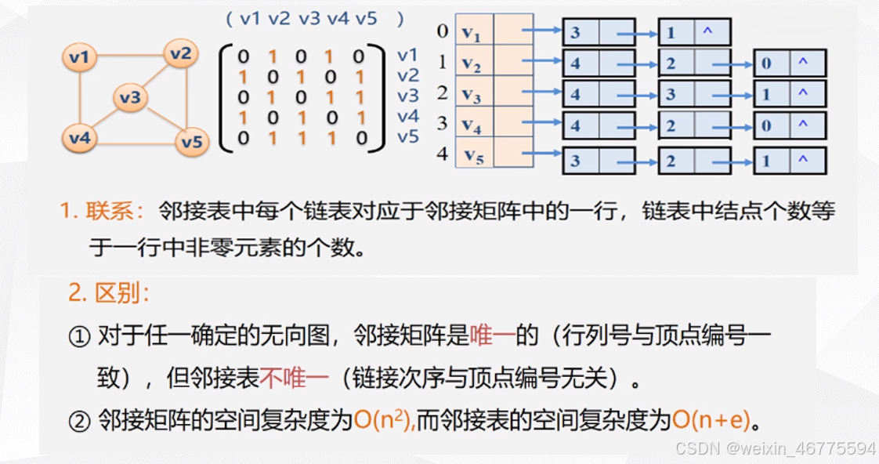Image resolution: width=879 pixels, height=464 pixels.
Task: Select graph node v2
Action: pyautogui.click(x=181, y=54)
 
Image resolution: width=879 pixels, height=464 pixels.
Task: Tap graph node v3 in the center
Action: pyautogui.click(x=130, y=97)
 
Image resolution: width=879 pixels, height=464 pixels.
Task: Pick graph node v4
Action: pyautogui.click(x=80, y=138)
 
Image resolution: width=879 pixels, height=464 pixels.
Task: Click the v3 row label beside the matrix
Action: pyautogui.click(x=408, y=96)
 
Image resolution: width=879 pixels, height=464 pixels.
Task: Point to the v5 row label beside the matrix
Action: pyautogui.click(x=408, y=137)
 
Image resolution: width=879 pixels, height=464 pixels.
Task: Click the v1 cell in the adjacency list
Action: pyautogui.click(x=474, y=33)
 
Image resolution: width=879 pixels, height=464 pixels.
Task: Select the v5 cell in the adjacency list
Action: pyautogui.click(x=474, y=155)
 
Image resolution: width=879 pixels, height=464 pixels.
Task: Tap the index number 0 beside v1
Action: pyautogui.click(x=443, y=31)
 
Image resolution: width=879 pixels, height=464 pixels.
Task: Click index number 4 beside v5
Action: pyautogui.click(x=443, y=154)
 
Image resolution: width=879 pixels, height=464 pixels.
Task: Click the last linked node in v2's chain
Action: pyautogui.click(x=789, y=63)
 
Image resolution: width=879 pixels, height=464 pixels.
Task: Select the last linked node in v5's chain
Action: pyautogui.click(x=789, y=161)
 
